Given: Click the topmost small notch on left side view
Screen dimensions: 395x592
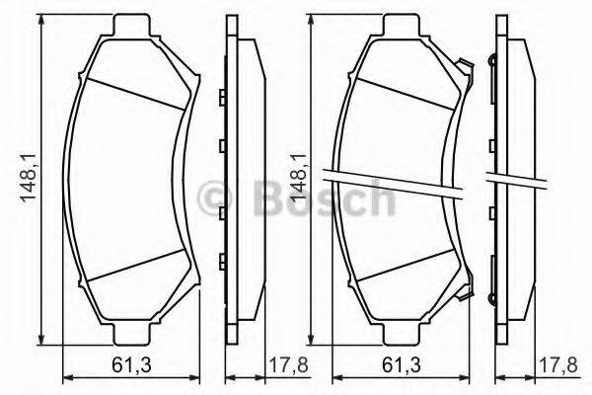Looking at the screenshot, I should [x=223, y=96].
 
